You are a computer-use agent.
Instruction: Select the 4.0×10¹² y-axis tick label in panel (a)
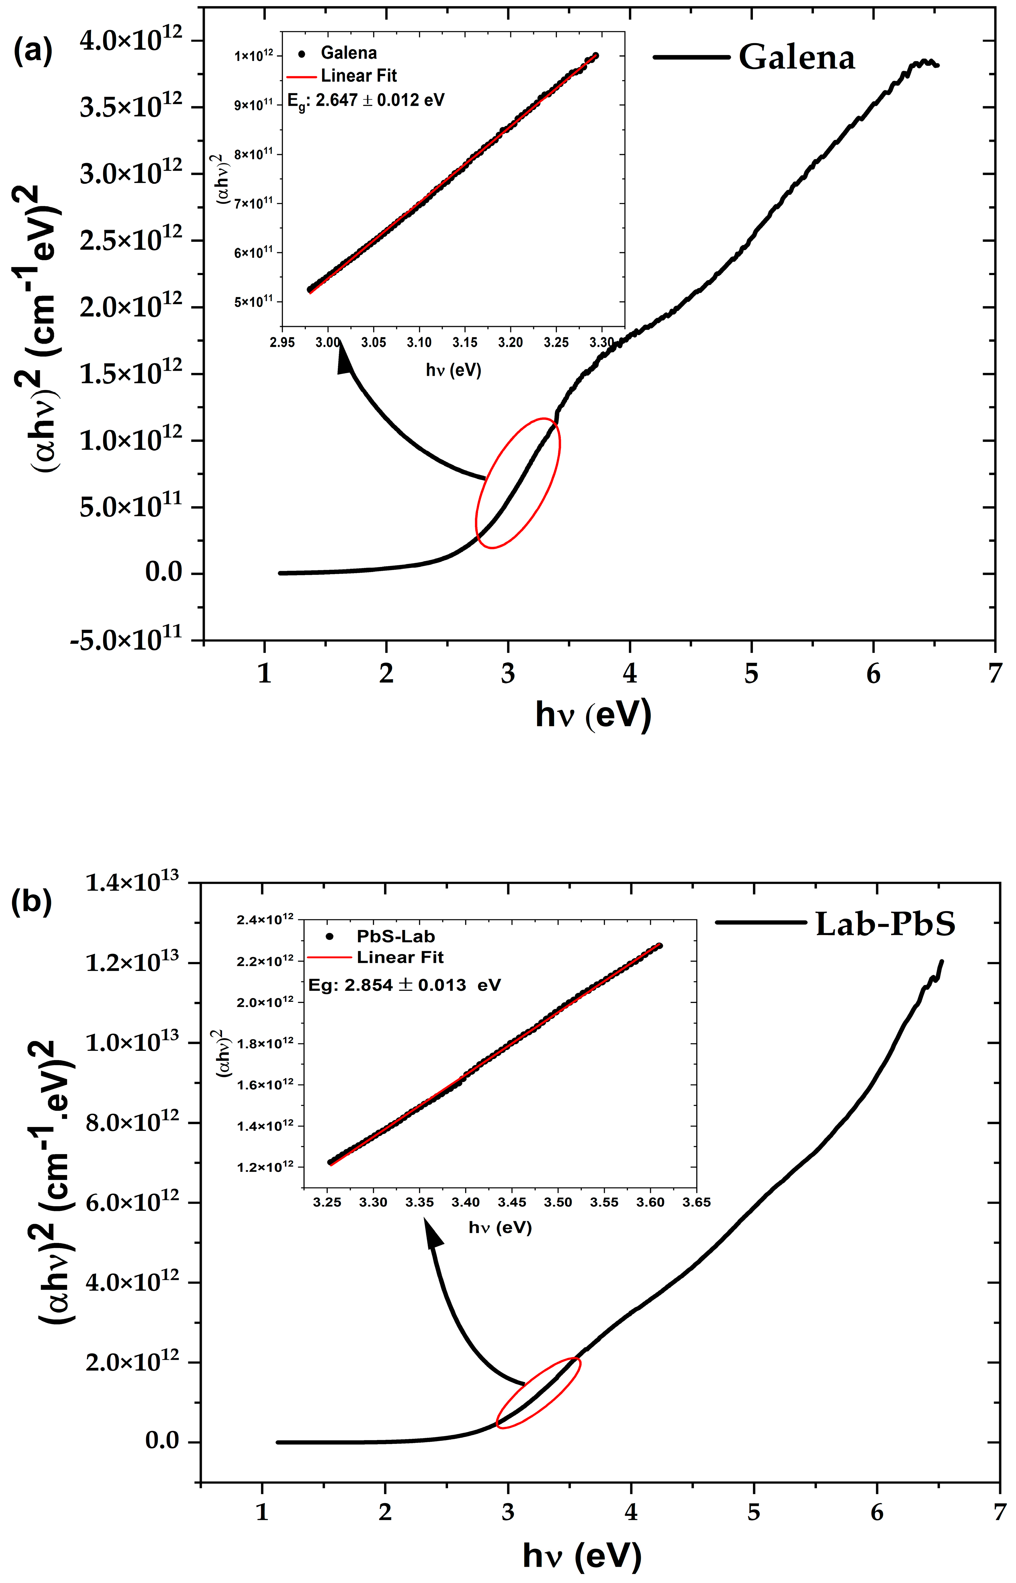(131, 41)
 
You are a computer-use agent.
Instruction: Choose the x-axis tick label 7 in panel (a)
(994, 673)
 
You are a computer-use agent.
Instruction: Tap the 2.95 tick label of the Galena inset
(282, 342)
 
